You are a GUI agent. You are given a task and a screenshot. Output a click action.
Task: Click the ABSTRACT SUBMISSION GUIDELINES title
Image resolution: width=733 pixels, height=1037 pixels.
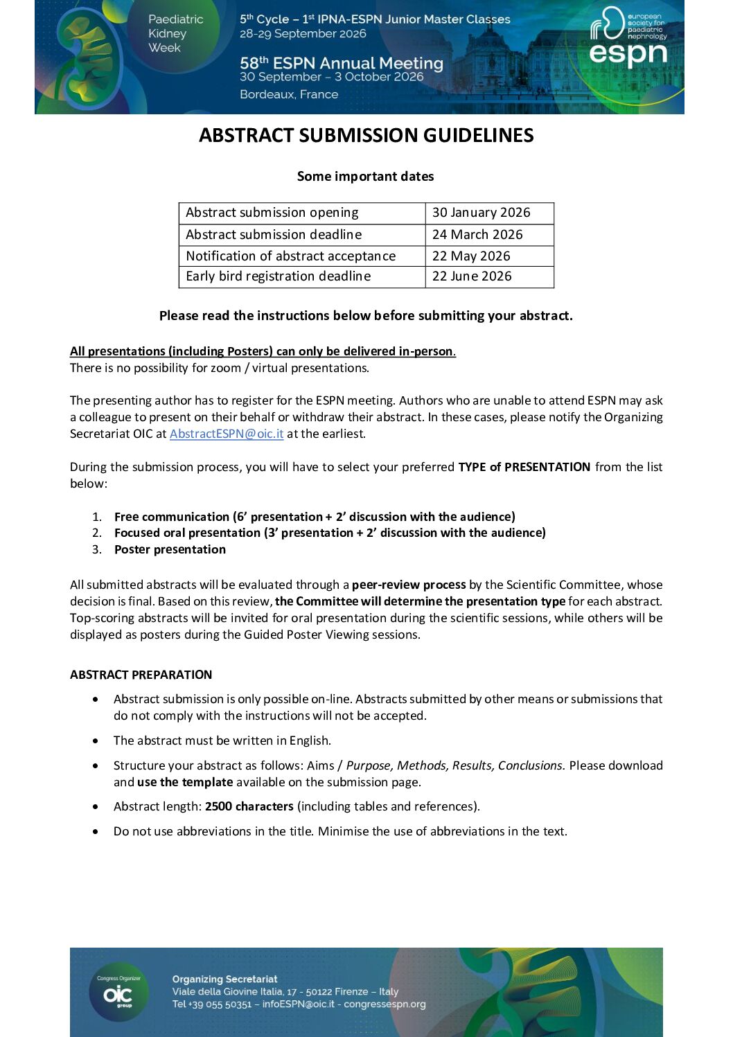[366, 135]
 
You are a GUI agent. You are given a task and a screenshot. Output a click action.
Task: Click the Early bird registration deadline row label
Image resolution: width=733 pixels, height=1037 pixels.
[278, 276]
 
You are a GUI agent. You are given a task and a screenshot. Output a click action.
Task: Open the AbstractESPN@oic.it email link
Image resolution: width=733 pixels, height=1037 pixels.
[227, 434]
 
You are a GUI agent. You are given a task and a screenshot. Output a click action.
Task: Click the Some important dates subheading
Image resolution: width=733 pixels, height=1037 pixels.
[365, 177]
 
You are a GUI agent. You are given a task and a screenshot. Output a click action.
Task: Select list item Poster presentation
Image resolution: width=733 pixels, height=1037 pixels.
[170, 549]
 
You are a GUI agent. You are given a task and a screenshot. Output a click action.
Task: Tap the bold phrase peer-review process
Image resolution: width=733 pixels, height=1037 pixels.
[409, 585]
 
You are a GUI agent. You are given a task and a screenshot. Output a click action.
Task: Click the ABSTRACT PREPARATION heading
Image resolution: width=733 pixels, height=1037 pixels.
[141, 675]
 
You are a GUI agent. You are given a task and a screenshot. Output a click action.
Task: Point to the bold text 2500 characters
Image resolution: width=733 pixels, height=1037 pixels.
[249, 806]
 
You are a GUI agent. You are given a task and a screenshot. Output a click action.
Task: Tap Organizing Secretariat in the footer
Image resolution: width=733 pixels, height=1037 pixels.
[224, 979]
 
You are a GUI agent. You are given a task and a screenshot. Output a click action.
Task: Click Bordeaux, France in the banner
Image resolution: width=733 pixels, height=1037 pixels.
[289, 94]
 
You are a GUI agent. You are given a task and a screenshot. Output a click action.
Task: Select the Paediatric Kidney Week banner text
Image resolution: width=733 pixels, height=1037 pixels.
[175, 33]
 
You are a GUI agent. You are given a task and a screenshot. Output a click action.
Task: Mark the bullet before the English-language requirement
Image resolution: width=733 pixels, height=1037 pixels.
[96, 741]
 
